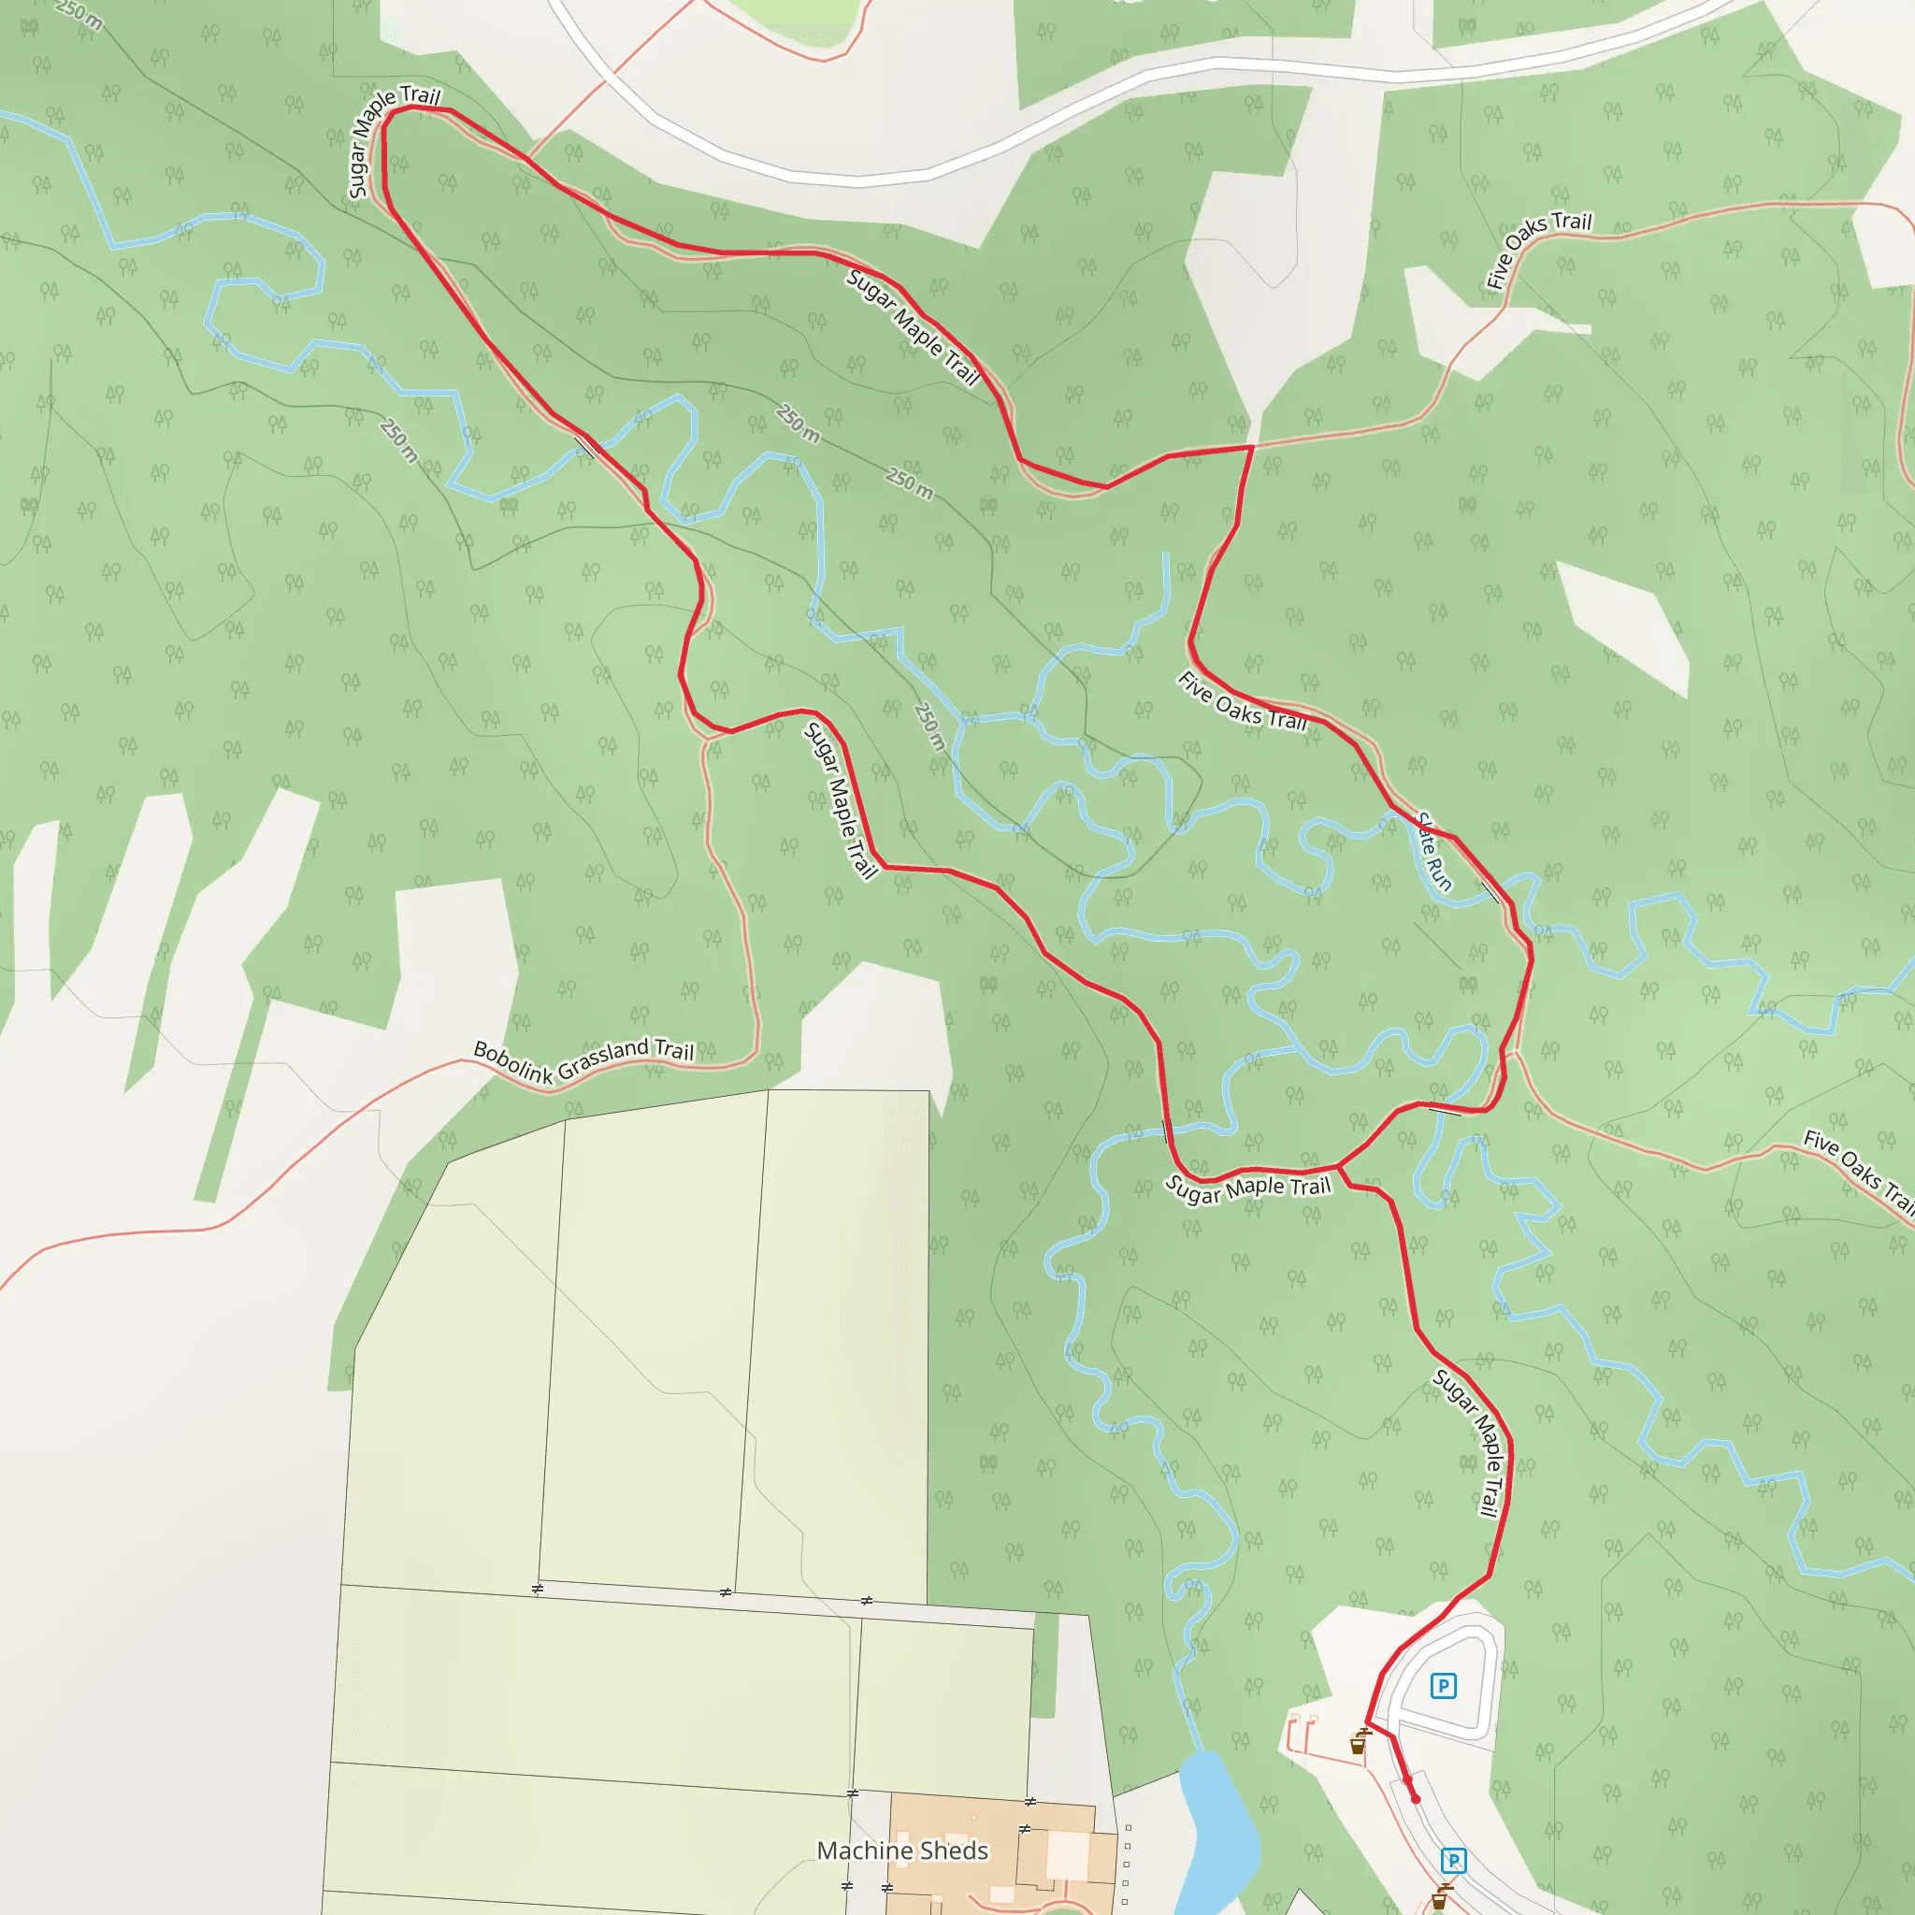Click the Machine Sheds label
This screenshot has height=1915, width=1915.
902,1850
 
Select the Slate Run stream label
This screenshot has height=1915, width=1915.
1434,852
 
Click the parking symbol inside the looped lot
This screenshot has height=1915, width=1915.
1443,1685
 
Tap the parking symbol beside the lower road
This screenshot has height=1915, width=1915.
1453,1861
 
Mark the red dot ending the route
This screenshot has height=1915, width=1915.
1416,1799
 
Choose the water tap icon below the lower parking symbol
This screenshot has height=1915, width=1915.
1439,1898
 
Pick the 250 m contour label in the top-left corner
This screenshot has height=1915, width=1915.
78,14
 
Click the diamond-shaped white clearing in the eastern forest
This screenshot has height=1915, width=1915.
1625,627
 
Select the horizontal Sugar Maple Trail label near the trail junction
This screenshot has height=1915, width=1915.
1247,1188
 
